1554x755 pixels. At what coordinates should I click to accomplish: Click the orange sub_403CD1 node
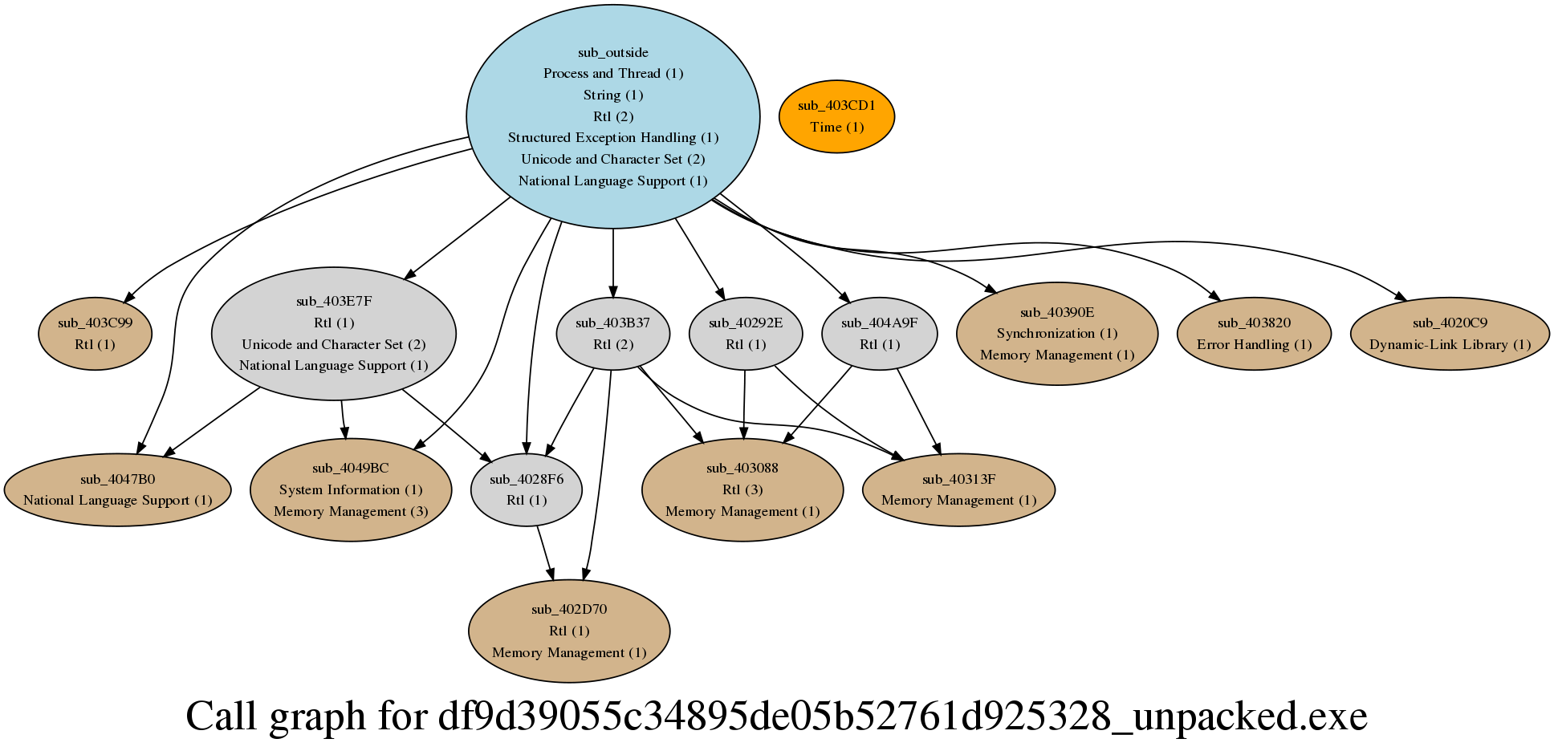point(836,116)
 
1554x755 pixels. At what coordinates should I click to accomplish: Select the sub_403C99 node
point(95,334)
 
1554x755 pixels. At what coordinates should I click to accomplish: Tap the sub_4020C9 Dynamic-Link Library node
point(1449,334)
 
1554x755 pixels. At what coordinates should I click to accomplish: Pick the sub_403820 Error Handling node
point(1254,334)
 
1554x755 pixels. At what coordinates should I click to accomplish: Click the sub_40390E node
point(1056,334)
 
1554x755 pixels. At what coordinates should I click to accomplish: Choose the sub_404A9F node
point(879,334)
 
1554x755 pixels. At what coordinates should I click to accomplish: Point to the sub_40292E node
point(745,334)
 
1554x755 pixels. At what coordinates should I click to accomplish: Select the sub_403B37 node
point(612,334)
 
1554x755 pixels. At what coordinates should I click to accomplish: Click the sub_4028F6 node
point(526,489)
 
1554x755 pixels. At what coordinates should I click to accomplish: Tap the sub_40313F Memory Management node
point(958,489)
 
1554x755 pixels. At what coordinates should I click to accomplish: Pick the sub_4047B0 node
point(118,489)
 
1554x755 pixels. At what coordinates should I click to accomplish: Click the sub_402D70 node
point(568,631)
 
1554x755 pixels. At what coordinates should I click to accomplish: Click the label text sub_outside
point(612,53)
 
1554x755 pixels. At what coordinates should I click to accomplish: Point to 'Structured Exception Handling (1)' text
point(612,138)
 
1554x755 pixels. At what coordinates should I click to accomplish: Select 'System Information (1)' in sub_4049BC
point(350,489)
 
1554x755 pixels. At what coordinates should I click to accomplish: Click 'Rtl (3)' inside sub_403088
point(742,489)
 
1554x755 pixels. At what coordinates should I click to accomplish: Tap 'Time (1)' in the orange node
point(836,127)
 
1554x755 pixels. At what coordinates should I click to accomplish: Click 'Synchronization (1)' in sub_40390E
point(1056,333)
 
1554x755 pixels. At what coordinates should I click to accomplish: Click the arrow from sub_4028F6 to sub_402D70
point(545,553)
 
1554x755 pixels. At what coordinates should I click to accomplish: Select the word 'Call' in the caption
point(222,716)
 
